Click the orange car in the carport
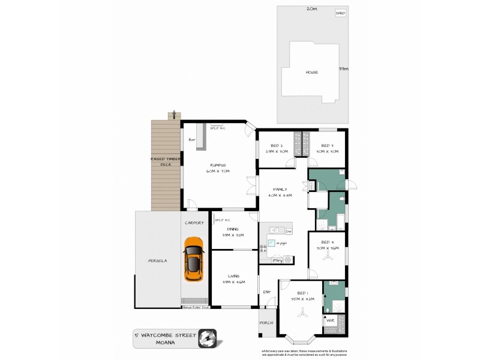click(194, 259)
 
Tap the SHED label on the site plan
click(340, 12)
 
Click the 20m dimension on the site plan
click(311, 9)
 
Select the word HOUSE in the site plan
click(311, 72)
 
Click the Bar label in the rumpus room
click(193, 140)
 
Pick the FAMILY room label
click(280, 189)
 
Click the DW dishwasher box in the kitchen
click(289, 232)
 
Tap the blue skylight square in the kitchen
click(271, 242)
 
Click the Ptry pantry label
click(277, 260)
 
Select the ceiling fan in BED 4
click(328, 255)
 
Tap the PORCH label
click(267, 323)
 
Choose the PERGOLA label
click(157, 260)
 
